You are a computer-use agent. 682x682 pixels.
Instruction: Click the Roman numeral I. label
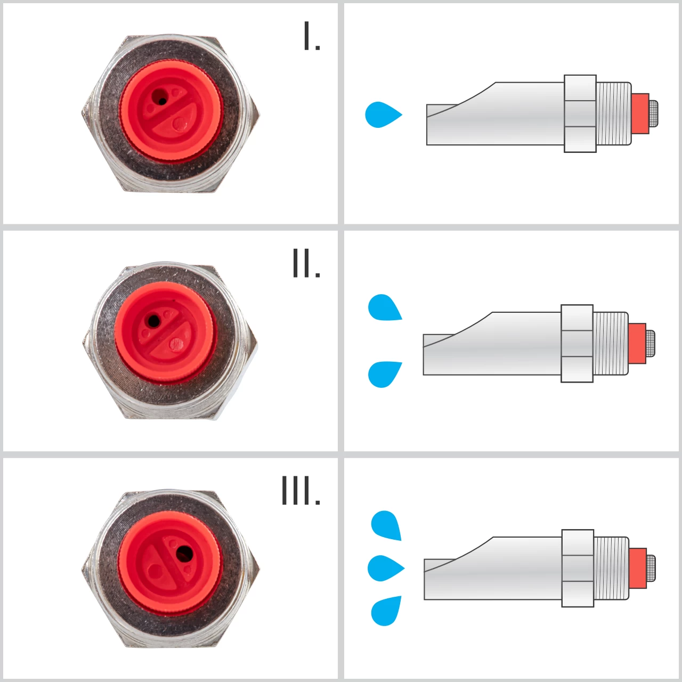[311, 36]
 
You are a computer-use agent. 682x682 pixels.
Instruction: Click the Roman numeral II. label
[306, 263]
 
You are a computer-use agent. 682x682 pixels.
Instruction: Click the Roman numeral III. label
[301, 491]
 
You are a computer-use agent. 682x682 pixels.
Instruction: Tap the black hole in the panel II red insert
[153, 321]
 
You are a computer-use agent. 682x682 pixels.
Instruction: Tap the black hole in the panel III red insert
[184, 554]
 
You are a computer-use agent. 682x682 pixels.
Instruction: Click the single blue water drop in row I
[382, 115]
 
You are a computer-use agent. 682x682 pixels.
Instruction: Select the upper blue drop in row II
[384, 307]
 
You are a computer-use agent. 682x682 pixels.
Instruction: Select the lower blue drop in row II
[384, 374]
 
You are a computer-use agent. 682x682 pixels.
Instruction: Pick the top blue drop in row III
[386, 525]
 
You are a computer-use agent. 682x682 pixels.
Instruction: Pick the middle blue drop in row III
[385, 568]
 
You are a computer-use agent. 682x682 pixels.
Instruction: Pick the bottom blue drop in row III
[386, 611]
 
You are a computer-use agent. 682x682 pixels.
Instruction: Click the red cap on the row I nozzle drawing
[640, 113]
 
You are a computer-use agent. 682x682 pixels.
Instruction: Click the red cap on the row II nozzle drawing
[637, 344]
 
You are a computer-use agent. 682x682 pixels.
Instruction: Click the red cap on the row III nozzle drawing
[638, 569]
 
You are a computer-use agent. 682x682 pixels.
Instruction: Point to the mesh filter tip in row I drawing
[653, 113]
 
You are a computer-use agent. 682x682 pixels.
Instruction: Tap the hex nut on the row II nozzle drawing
[577, 344]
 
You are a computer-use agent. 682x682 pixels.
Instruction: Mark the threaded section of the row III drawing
[611, 569]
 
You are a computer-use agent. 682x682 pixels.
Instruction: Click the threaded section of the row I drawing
[614, 113]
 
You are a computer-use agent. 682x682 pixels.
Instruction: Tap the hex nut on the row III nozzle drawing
[578, 569]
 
